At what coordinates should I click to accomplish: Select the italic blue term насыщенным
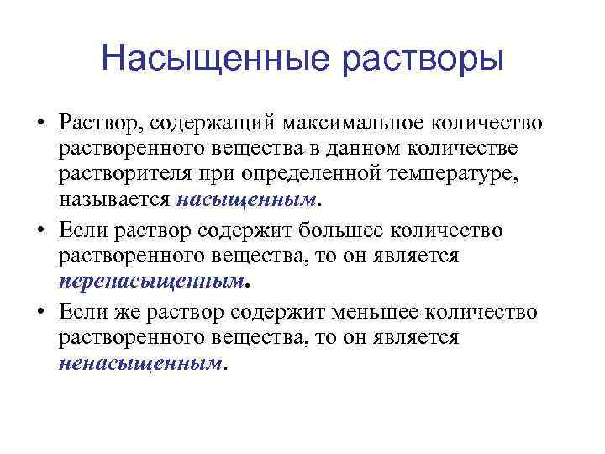[x=249, y=202]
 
